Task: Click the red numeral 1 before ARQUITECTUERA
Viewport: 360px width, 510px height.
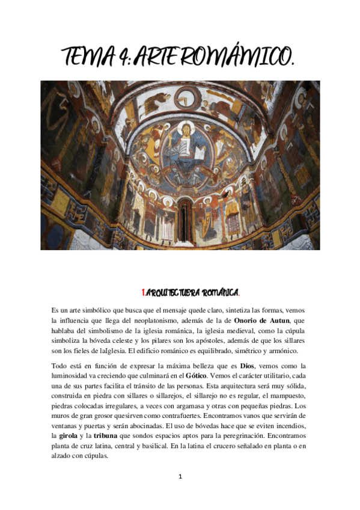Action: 143,293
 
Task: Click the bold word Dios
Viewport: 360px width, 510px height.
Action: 248,366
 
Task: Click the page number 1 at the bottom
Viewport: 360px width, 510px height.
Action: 180,477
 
